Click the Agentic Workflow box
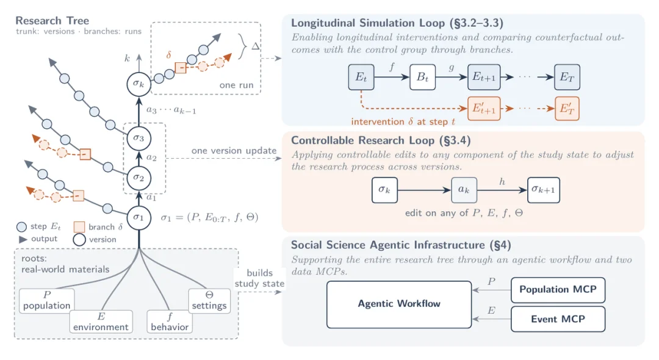click(399, 304)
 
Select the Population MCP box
click(558, 289)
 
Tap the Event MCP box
click(558, 319)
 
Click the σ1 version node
click(139, 218)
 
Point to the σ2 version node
click(139, 178)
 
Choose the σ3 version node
click(139, 138)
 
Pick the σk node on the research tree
click(139, 84)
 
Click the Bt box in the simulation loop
click(422, 77)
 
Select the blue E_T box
click(567, 77)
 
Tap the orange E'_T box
click(567, 109)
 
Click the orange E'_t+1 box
click(484, 109)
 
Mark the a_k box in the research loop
click(464, 190)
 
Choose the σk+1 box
click(544, 190)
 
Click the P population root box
click(46, 301)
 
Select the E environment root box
click(101, 322)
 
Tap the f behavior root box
click(170, 322)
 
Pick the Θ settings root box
click(209, 301)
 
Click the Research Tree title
click(52, 21)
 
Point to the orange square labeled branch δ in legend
click(79, 227)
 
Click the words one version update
click(234, 150)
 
